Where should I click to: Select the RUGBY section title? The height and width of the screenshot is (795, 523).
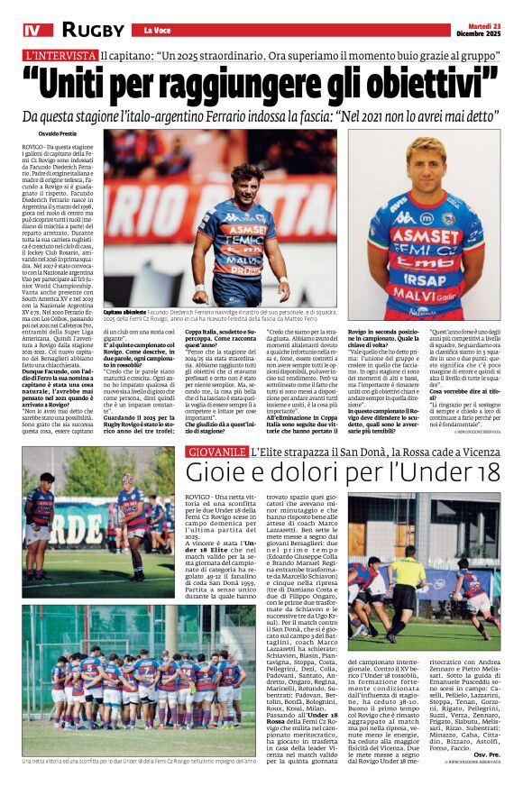pos(92,30)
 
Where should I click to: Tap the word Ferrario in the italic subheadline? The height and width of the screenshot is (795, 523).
pos(266,117)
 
